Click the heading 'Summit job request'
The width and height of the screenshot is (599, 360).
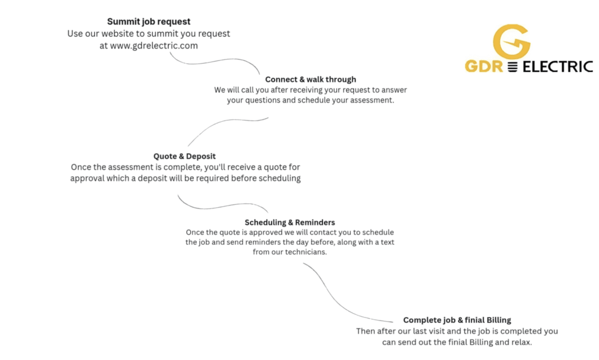[x=149, y=22]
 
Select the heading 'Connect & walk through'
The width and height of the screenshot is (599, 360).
[x=310, y=79]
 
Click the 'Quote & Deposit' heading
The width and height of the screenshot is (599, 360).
[x=184, y=156]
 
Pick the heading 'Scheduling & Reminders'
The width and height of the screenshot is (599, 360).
[x=290, y=222]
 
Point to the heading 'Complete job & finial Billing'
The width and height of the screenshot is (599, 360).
[x=457, y=320]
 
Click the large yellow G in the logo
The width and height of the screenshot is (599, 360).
[x=511, y=41]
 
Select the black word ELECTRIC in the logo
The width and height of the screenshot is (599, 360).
[x=557, y=66]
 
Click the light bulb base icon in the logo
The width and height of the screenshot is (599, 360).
[x=513, y=67]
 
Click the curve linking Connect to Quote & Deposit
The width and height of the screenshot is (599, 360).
[x=222, y=126]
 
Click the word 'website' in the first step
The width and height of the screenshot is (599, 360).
[x=122, y=33]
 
